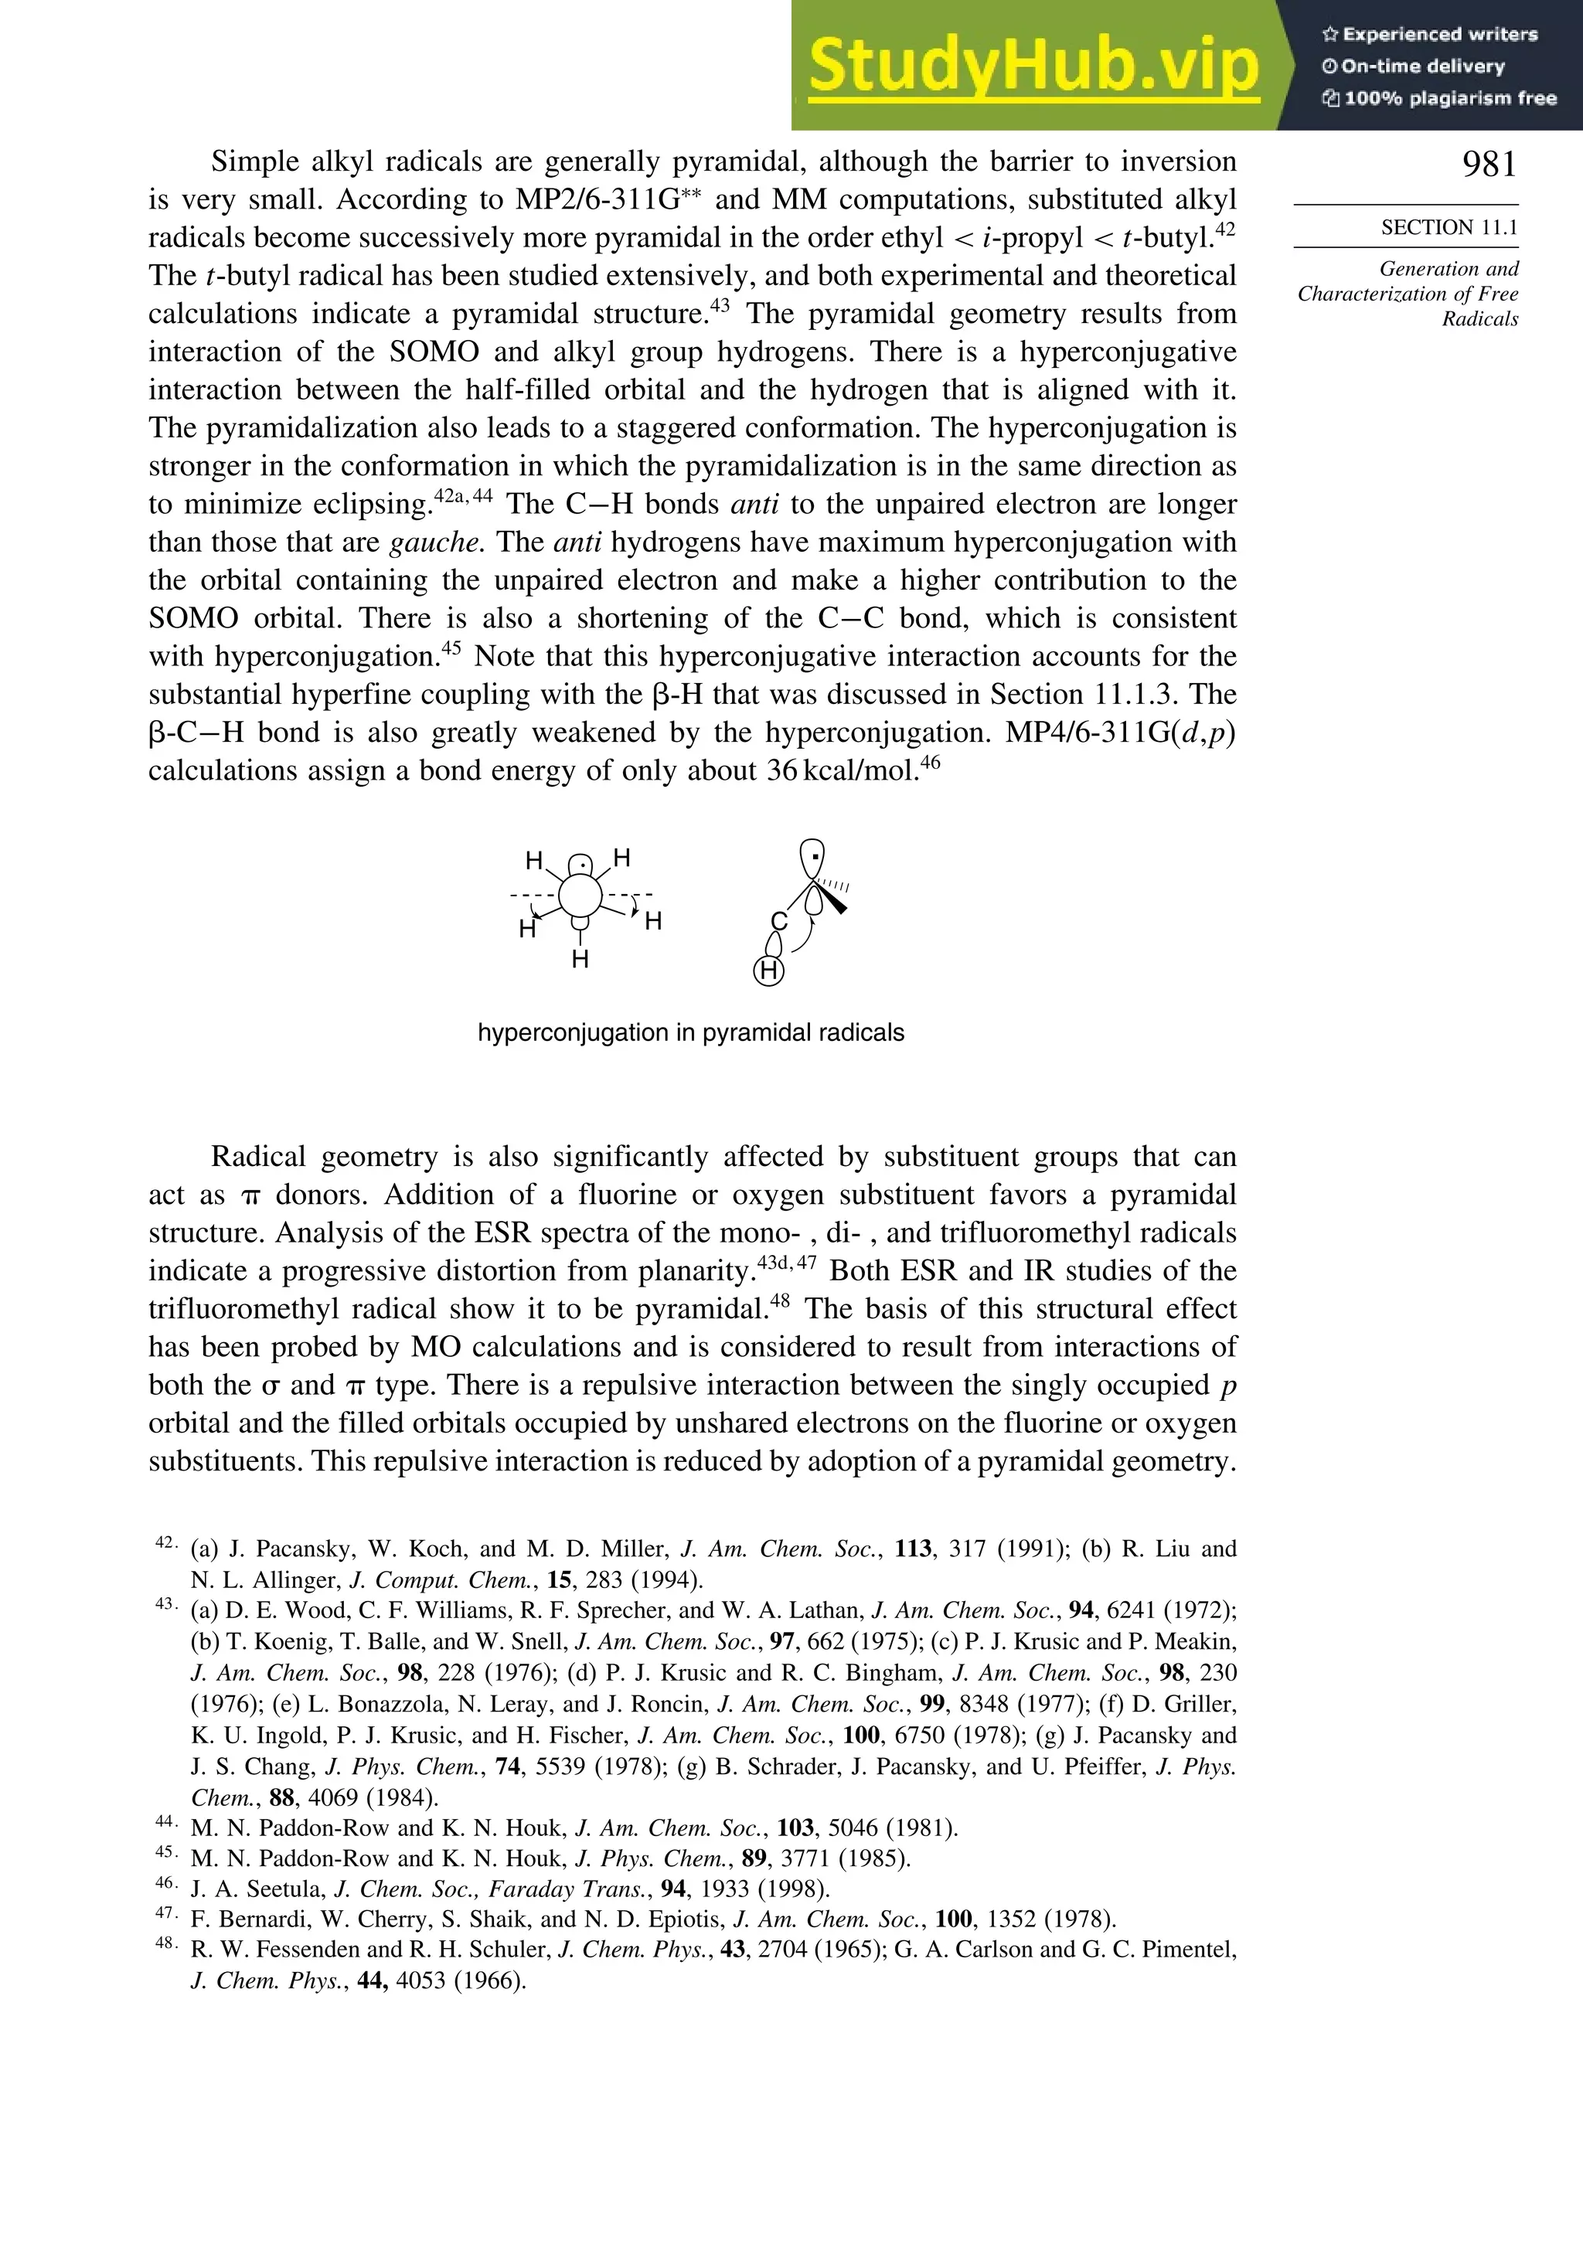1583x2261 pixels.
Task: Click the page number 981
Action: click(1489, 165)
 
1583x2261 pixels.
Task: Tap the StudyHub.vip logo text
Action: click(1033, 65)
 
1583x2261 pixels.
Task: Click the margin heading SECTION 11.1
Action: click(1448, 227)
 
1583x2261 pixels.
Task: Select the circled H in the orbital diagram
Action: click(768, 971)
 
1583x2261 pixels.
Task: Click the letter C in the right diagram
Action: click(778, 922)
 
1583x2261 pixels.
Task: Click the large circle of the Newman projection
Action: click(580, 896)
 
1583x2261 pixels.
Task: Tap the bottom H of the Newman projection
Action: click(580, 959)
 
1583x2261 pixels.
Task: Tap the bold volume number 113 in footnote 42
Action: click(913, 1549)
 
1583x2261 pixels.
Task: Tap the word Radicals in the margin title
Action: click(1479, 319)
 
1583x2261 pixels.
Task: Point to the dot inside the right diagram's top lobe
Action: click(812, 855)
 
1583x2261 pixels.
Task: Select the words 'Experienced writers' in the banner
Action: click(1439, 35)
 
